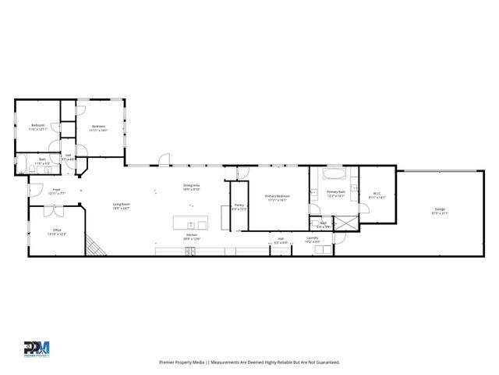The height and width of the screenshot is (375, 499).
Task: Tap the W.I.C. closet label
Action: [x=376, y=196]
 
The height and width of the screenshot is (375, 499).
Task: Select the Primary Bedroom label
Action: [x=277, y=197]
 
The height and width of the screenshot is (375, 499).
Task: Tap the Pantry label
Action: [x=239, y=206]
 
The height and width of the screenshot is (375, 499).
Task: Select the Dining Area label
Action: [x=192, y=187]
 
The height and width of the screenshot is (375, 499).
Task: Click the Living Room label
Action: [x=120, y=205]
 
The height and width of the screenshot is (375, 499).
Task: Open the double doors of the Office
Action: [x=53, y=209]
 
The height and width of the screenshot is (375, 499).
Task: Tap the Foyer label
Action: [x=56, y=190]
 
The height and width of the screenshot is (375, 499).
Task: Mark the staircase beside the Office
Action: [x=94, y=247]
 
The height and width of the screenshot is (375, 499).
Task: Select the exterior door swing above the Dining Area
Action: [x=163, y=160]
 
